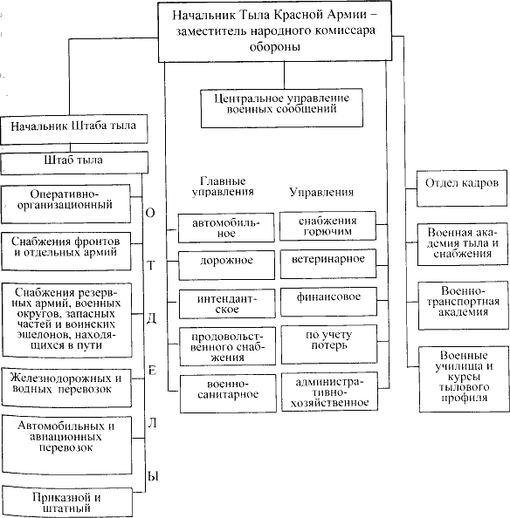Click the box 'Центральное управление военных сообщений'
(282, 108)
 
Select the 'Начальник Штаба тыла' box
(73, 129)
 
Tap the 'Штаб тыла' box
(74, 163)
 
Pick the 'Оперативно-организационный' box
(65, 204)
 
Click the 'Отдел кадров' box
(462, 188)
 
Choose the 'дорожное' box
(226, 265)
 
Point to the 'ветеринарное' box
(328, 263)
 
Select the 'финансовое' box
(328, 302)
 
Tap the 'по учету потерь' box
(329, 344)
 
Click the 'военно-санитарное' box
(228, 393)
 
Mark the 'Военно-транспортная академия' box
(464, 305)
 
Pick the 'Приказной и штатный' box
(66, 501)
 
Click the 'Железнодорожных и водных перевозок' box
(66, 387)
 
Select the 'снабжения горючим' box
(327, 226)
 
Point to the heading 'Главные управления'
(223, 187)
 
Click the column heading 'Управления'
(321, 192)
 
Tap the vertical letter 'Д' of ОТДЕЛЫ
(151, 318)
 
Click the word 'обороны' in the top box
(275, 46)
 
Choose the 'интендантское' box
(227, 304)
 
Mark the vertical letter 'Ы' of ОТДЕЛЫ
(153, 476)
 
